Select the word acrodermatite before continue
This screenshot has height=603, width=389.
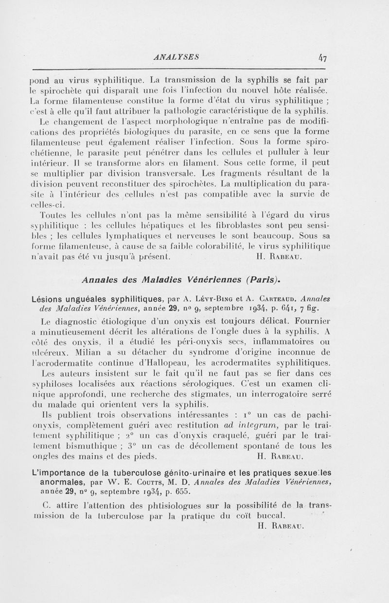coord(71,363)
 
